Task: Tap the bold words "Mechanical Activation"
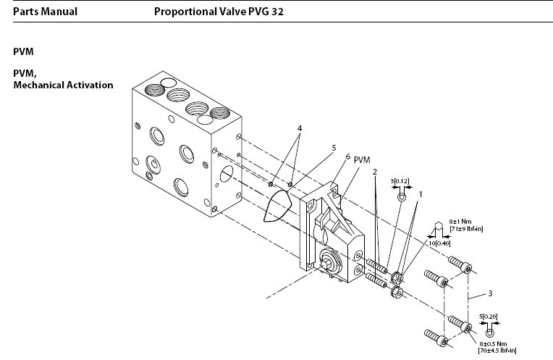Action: click(63, 85)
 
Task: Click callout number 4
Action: click(299, 128)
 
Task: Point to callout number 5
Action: click(334, 148)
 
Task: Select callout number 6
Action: click(348, 156)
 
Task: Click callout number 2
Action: click(375, 172)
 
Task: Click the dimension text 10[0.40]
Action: click(440, 243)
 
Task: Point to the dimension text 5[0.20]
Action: click(489, 317)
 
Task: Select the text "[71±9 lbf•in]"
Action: click(465, 229)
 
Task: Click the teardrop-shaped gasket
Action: click(275, 210)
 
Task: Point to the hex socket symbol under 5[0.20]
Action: click(489, 332)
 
